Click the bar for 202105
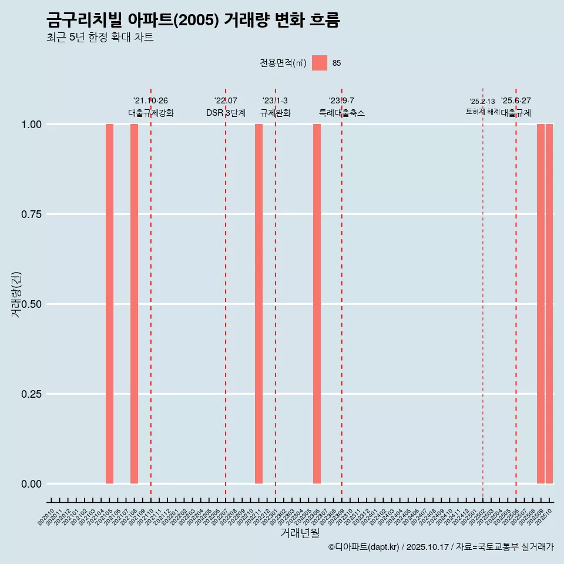click(109, 304)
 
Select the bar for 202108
click(134, 304)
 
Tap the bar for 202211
click(258, 304)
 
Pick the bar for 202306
click(317, 304)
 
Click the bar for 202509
click(540, 304)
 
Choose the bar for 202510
click(549, 304)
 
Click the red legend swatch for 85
click(320, 63)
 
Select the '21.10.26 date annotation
click(150, 101)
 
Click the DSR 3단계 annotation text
click(226, 113)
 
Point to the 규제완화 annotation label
click(276, 113)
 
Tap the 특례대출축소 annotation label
click(342, 113)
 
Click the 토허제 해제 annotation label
click(482, 111)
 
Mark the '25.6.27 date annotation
click(516, 101)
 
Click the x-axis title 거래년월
click(300, 533)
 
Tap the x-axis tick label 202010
click(47, 517)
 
